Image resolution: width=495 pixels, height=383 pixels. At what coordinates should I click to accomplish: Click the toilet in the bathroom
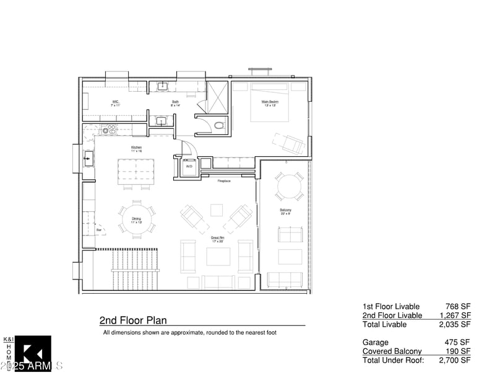(218, 126)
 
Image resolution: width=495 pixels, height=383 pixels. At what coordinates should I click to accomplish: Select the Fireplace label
(224, 181)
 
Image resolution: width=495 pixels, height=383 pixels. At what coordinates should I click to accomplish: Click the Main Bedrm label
(270, 102)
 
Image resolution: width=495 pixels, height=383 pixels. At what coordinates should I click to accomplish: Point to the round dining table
(137, 219)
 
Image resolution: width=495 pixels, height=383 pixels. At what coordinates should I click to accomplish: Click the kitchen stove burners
(109, 130)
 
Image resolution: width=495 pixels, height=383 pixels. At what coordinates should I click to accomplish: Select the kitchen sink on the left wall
(88, 159)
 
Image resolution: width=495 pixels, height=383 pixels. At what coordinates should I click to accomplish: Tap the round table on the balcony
(289, 187)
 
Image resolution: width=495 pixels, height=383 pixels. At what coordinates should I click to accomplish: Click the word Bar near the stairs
(99, 231)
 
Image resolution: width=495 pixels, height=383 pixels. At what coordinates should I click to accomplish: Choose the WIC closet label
(116, 102)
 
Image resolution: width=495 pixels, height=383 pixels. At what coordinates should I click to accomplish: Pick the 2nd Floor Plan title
(133, 320)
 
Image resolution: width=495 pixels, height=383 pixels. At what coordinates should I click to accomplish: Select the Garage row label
(376, 342)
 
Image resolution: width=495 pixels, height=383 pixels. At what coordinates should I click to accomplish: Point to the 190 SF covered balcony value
(458, 351)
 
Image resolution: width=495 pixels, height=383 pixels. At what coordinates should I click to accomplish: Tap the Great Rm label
(217, 237)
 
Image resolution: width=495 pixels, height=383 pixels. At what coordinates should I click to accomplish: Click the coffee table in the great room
(218, 256)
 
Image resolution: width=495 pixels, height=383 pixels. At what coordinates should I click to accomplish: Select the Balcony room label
(285, 210)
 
